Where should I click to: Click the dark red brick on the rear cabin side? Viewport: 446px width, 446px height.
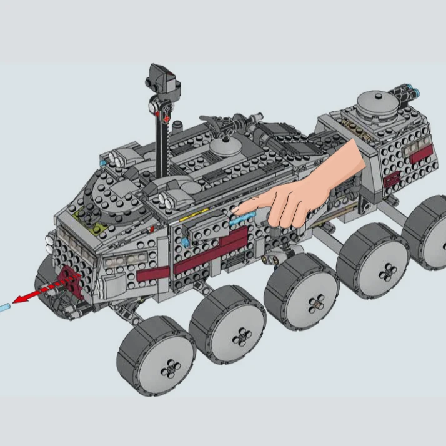(394, 180)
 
